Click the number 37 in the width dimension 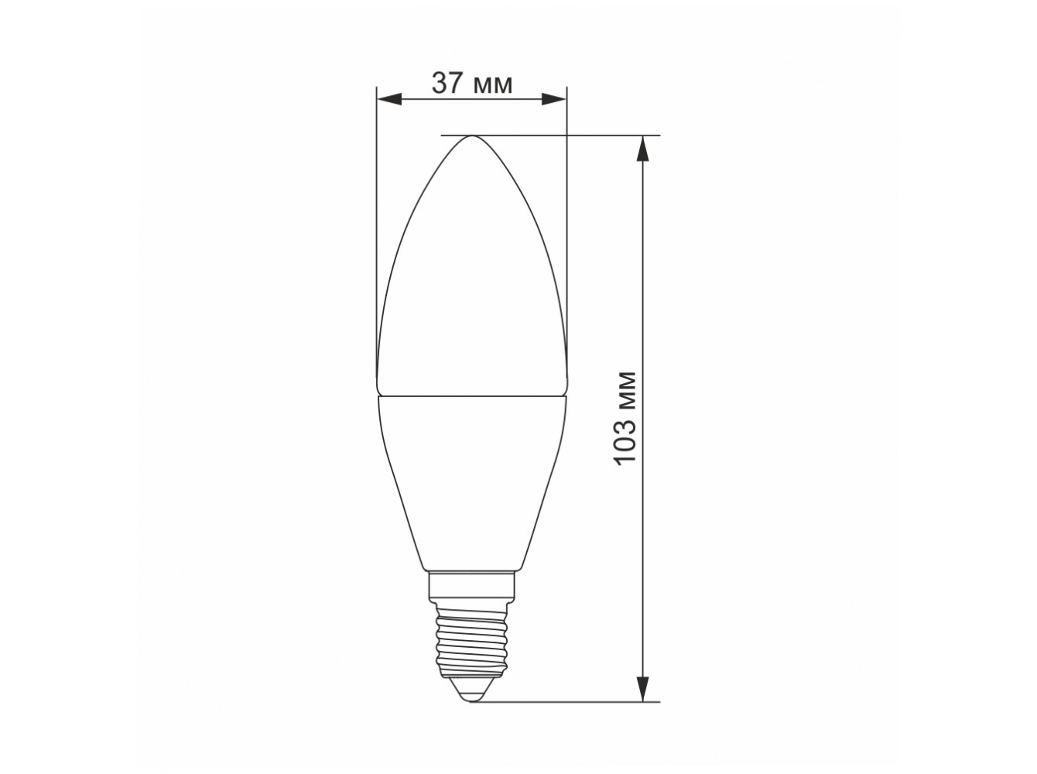447,84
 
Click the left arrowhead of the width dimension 389,99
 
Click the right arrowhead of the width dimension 553,99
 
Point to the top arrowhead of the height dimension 642,149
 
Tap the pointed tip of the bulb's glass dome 472,136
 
